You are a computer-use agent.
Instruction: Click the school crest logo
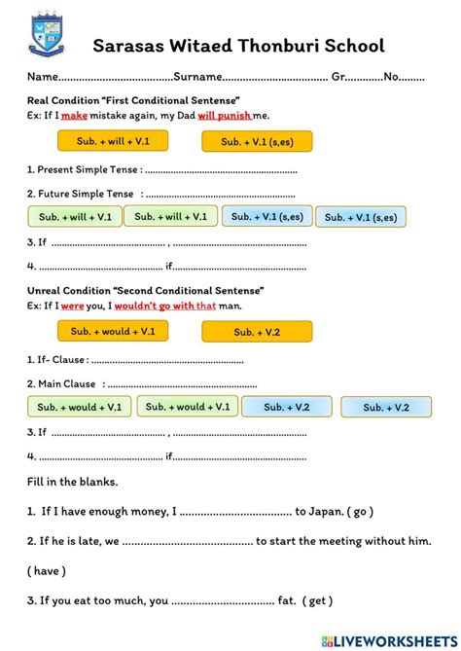[45, 37]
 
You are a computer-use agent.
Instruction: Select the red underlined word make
[75, 116]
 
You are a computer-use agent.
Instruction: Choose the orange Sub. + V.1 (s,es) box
[257, 142]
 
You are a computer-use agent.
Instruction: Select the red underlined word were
[74, 306]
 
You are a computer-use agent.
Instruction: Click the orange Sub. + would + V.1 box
[113, 332]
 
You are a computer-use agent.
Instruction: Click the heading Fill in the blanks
[73, 482]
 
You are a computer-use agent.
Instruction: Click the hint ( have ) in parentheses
[47, 570]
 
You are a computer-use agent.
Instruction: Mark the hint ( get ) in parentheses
[317, 600]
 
